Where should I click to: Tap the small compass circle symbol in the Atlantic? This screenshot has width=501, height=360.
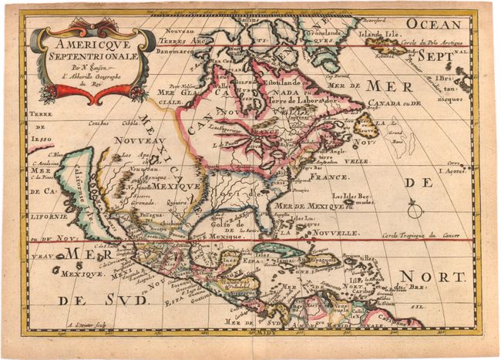tap(415, 209)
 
